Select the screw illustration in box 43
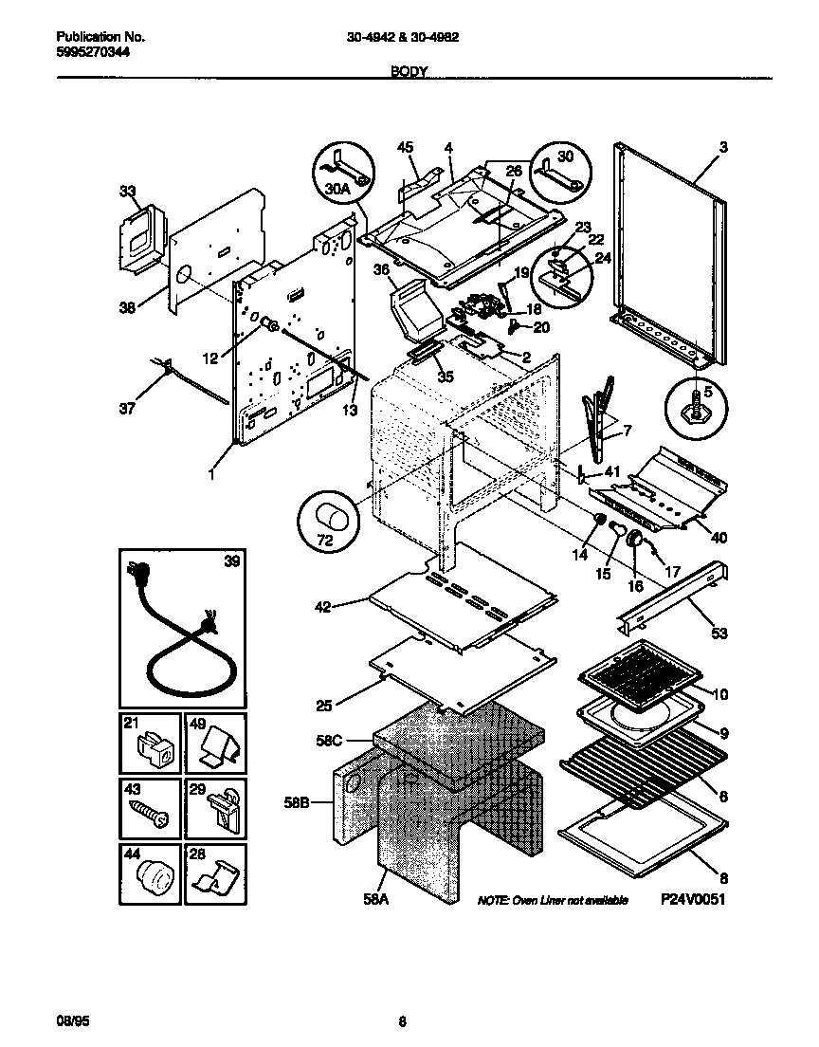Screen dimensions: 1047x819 click(x=150, y=809)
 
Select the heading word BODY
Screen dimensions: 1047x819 click(x=409, y=71)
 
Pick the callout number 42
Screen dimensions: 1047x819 click(x=323, y=607)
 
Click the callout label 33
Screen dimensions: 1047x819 click(x=128, y=191)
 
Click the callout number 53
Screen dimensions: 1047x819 click(x=719, y=633)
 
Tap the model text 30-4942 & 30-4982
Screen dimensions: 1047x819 click(x=410, y=38)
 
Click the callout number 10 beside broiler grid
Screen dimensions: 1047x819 click(x=719, y=695)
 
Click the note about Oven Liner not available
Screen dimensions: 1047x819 click(x=553, y=900)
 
